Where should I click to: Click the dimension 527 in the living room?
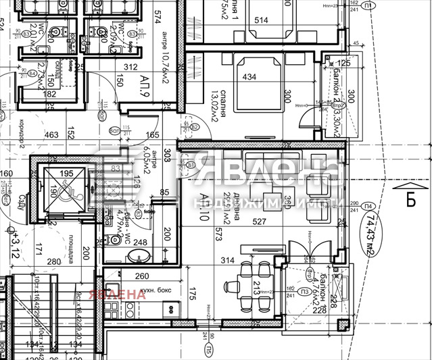[260, 221]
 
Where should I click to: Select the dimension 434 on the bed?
[249, 77]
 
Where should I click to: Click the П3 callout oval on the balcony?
[306, 292]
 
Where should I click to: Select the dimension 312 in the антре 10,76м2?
[130, 67]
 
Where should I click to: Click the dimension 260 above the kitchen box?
[142, 276]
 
